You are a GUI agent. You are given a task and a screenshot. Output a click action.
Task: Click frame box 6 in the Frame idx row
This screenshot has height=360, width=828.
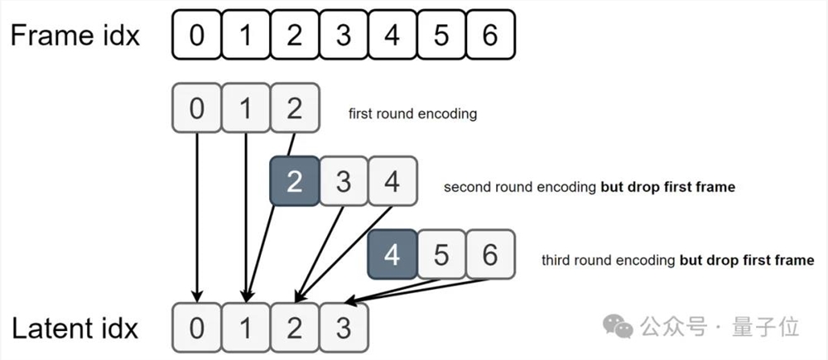coord(489,35)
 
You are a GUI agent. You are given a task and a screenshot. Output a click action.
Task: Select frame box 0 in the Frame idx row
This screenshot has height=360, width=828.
coord(196,35)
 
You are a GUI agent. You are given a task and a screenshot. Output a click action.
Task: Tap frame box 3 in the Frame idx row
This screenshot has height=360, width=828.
coord(343,35)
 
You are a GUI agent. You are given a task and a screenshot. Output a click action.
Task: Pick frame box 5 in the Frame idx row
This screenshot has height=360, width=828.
coord(440,35)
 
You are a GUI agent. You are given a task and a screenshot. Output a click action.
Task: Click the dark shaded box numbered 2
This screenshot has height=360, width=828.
coord(294,181)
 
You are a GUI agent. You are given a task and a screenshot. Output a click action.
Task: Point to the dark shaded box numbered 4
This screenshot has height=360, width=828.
coord(392,254)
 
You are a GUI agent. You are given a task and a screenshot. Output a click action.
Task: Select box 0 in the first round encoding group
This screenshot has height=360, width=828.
coord(196,108)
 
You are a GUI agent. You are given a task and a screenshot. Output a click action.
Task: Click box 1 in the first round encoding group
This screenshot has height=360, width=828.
coord(245,108)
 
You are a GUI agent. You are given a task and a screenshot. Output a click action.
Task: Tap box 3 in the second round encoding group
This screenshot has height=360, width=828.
coord(343,181)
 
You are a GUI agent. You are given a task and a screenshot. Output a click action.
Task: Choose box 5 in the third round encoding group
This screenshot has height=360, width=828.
coord(440,254)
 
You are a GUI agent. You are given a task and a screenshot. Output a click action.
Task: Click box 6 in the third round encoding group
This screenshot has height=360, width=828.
coord(489,254)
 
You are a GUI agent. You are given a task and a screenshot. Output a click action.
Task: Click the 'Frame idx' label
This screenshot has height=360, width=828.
coord(75,36)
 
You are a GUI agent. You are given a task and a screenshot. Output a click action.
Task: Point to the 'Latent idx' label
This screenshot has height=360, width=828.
coord(75,329)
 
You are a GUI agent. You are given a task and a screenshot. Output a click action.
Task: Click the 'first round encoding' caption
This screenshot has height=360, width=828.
coord(412,113)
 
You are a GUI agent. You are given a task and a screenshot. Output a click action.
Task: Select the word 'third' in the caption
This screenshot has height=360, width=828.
coord(556,260)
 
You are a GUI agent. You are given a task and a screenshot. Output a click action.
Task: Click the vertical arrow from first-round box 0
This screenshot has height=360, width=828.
coord(197,215)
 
